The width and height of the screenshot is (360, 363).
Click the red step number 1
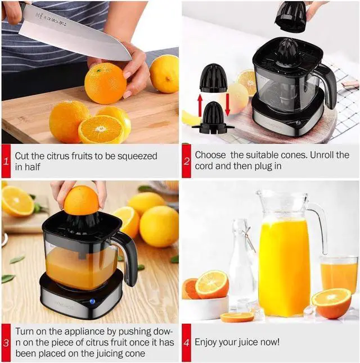coord(6,162)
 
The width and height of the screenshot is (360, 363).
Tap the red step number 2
coord(186,161)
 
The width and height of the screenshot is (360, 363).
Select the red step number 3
coord(6,342)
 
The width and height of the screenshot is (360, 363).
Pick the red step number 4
coord(186,342)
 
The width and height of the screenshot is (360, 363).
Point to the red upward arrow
coord(199,106)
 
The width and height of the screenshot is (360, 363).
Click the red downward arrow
coord(228,105)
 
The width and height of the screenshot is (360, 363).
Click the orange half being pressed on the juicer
coord(82,200)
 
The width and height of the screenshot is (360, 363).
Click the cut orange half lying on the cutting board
coord(101,129)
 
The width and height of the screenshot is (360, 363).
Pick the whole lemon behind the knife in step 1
coord(164,73)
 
